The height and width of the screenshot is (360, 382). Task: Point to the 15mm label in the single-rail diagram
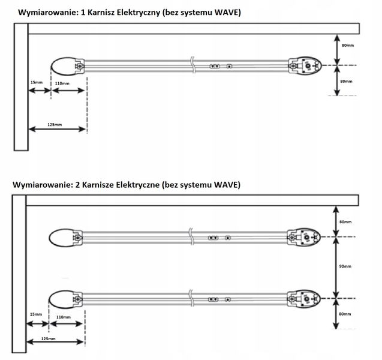click(x=37, y=82)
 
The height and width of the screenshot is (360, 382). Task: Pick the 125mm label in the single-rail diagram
click(x=53, y=125)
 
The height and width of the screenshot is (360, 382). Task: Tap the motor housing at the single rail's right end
click(x=304, y=65)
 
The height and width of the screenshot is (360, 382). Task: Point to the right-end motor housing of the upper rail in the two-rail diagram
click(x=304, y=238)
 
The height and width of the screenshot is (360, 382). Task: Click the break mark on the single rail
click(x=191, y=65)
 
